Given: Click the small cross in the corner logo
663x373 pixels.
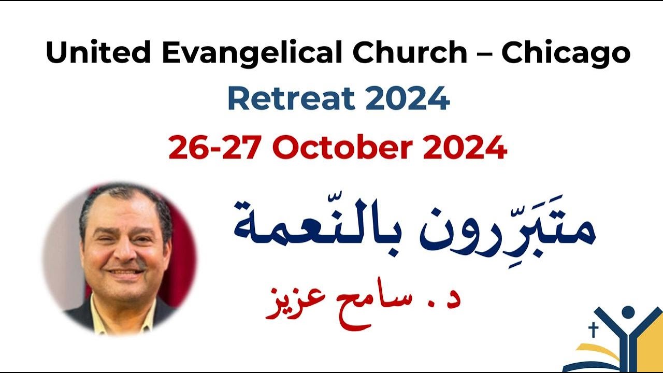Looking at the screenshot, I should point(594,329).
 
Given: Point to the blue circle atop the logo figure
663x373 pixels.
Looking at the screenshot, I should point(628,312).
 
